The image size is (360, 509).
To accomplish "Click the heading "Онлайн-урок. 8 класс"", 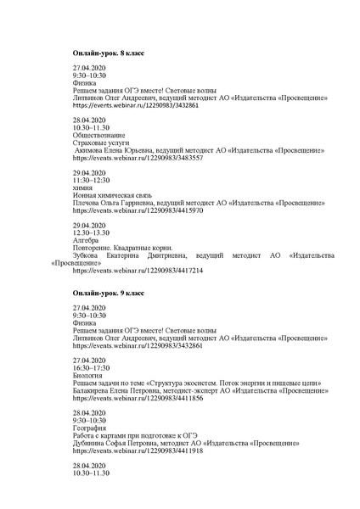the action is [108, 53].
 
